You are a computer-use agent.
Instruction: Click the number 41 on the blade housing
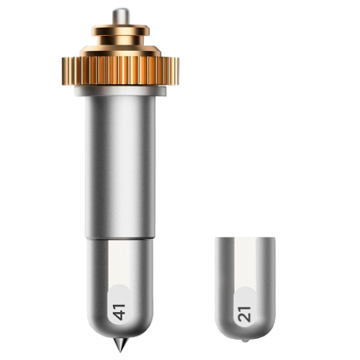[x=120, y=312]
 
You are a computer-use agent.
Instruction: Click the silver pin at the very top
[x=120, y=18]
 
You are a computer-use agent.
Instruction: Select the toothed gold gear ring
[x=120, y=70]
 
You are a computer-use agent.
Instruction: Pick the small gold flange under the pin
[x=120, y=29]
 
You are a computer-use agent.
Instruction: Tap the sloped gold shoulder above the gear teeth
[x=120, y=50]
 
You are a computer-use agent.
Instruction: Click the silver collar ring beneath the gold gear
[x=120, y=91]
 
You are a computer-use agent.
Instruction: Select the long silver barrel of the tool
[x=120, y=166]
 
